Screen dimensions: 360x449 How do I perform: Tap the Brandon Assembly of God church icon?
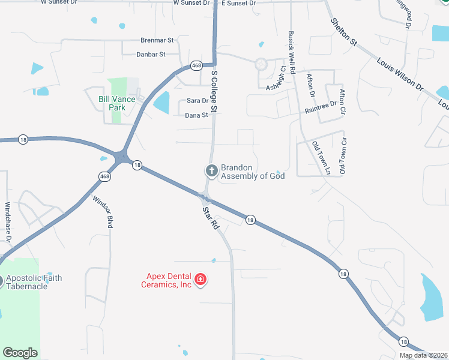tap(211, 171)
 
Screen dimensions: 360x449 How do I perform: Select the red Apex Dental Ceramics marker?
tap(200, 280)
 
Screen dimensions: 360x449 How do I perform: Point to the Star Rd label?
tap(209, 219)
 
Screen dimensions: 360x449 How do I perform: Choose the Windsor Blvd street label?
tap(102, 211)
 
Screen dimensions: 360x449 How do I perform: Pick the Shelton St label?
tap(344, 31)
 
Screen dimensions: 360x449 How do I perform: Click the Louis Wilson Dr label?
tap(400, 75)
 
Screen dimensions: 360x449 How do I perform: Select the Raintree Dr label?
tap(321, 107)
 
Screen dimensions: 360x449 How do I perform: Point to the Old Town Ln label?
tap(321, 158)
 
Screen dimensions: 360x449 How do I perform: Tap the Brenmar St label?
tap(157, 40)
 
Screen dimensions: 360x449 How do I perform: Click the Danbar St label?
tap(151, 55)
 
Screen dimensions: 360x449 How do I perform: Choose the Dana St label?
tap(196, 115)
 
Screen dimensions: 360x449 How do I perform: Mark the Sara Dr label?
tap(197, 101)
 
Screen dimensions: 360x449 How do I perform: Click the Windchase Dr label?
tap(8, 222)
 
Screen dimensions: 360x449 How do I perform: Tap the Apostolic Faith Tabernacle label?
tap(34, 282)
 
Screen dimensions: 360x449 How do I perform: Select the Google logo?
tap(20, 353)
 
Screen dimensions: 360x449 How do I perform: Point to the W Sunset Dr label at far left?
tap(59, 2)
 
